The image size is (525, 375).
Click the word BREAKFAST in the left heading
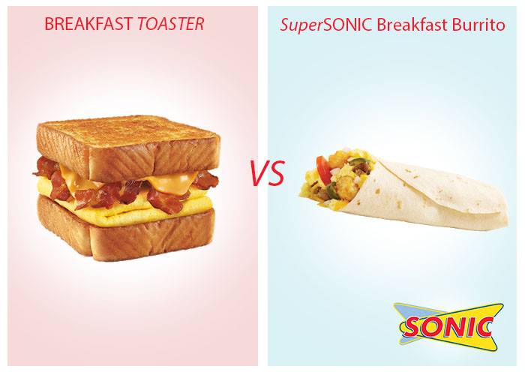click(x=88, y=24)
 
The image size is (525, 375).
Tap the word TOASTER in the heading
click(x=171, y=24)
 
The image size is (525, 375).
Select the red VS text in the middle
click(x=268, y=173)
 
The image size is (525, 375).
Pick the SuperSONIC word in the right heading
click(x=326, y=25)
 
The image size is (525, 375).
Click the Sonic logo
click(x=448, y=327)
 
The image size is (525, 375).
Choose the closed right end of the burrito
click(x=496, y=214)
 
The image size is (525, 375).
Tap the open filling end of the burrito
click(x=334, y=179)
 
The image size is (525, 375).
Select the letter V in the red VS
click(x=259, y=173)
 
